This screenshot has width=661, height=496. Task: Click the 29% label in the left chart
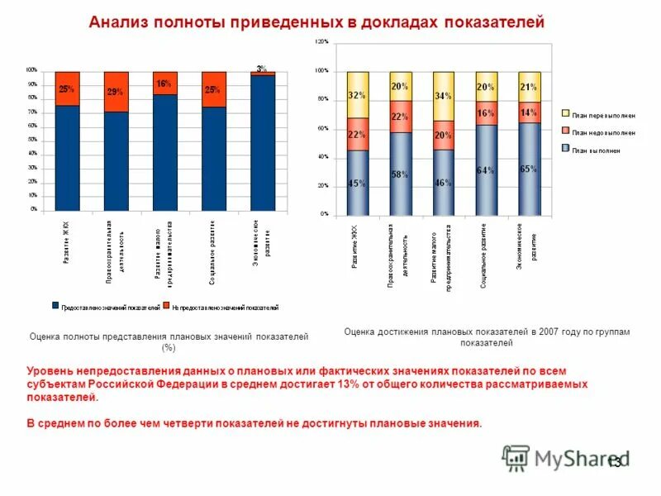click(115, 92)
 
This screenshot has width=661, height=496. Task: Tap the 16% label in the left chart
click(164, 84)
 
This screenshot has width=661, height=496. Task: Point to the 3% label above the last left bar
click(261, 69)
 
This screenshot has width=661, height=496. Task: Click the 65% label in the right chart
click(529, 168)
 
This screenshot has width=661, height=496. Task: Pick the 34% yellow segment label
click(443, 96)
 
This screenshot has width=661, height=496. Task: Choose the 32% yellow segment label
click(357, 95)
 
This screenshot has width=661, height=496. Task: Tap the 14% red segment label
click(527, 112)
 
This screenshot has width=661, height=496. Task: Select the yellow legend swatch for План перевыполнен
click(566, 113)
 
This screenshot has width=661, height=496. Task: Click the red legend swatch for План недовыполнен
click(566, 131)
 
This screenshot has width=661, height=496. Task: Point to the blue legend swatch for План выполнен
click(566, 150)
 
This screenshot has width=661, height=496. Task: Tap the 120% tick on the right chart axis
click(322, 41)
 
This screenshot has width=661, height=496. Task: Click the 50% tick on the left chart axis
click(31, 140)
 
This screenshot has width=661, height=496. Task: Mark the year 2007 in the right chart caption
click(549, 331)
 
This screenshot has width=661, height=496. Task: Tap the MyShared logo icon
click(516, 457)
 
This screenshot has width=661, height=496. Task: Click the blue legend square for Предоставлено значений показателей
click(56, 306)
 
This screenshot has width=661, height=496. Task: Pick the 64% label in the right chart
click(486, 170)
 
